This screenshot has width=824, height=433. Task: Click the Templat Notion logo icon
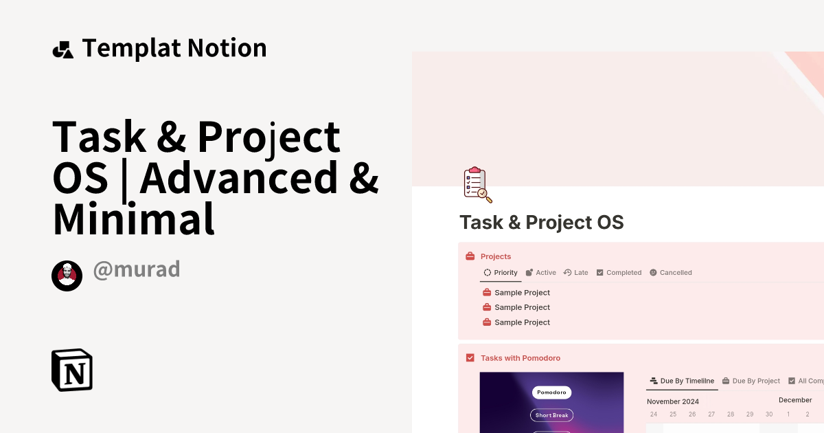click(62, 49)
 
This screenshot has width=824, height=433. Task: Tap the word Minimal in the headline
click(134, 219)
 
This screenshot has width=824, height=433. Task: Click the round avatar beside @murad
click(67, 276)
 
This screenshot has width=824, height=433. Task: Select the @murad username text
click(136, 269)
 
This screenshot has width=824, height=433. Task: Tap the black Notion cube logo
click(72, 370)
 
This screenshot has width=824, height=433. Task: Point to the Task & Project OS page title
click(541, 223)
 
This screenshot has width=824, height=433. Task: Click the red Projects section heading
click(495, 256)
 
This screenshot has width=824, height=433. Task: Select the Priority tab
click(501, 273)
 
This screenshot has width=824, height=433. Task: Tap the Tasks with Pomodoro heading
click(520, 358)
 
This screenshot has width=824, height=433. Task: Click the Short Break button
click(551, 415)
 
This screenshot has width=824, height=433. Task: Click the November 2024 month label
click(672, 401)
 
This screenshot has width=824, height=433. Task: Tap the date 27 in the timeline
click(711, 414)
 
